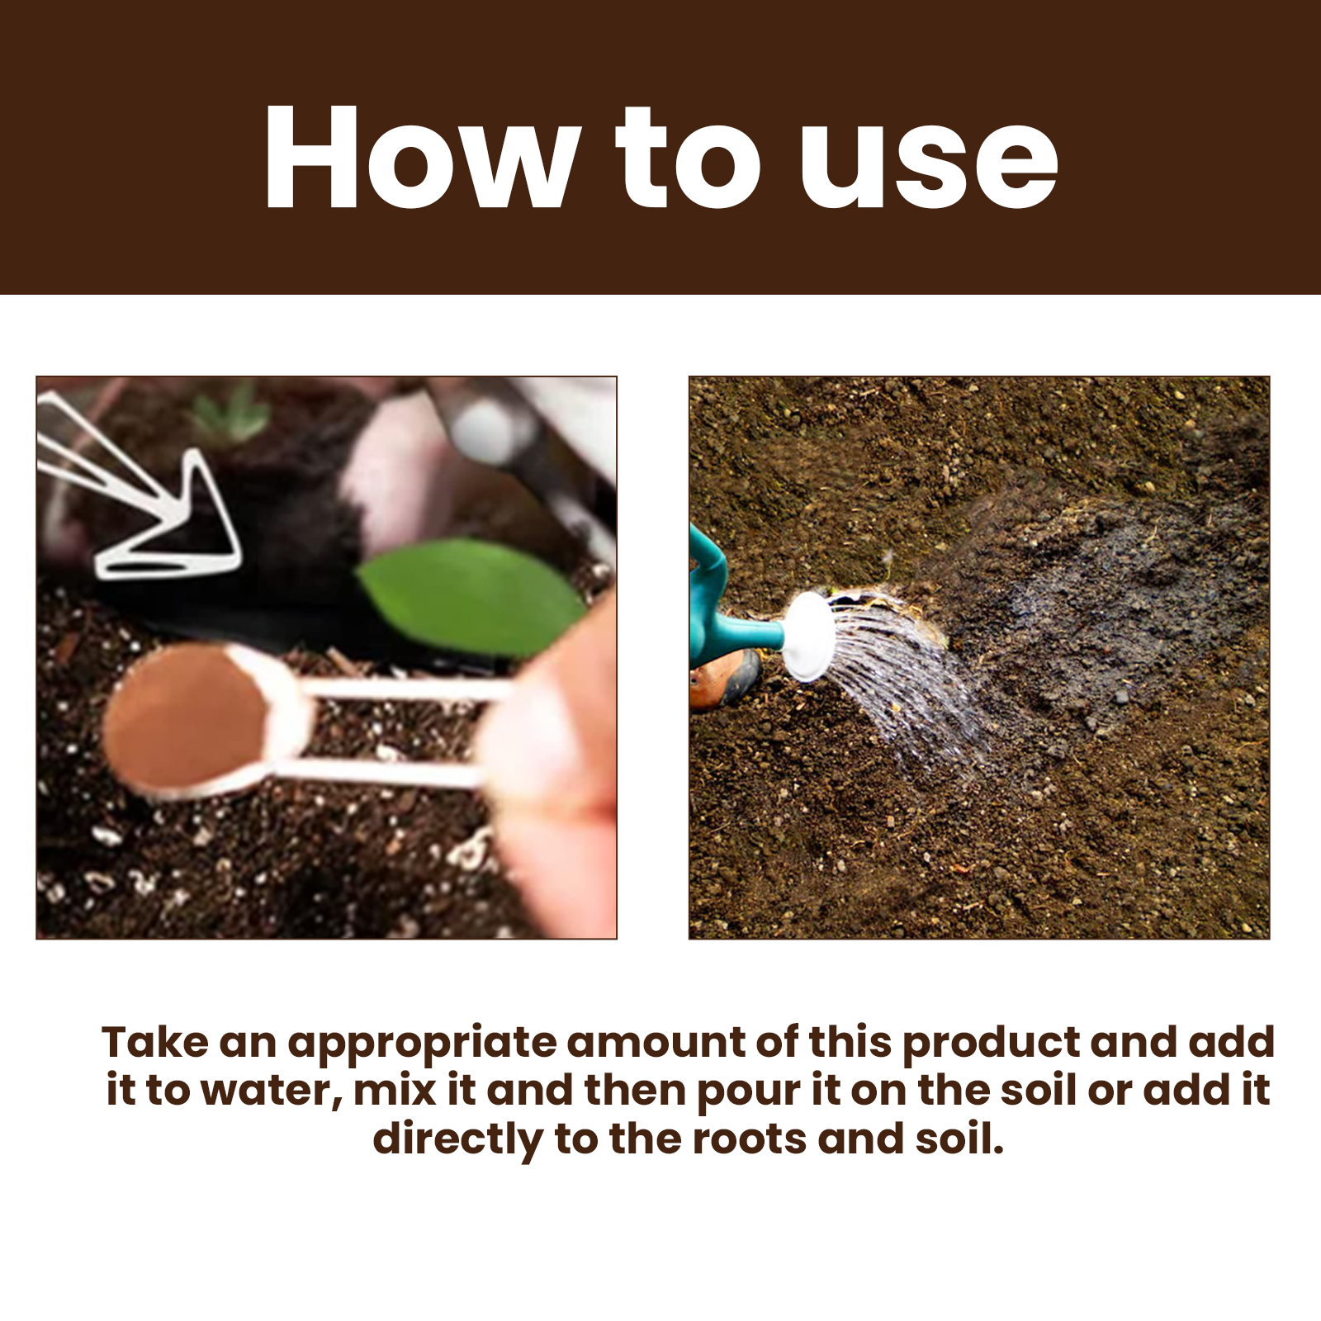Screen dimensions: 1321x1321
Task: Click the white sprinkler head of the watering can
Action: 807,637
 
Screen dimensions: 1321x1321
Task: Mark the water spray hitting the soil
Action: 908,685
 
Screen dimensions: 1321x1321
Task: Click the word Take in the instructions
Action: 154,1042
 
